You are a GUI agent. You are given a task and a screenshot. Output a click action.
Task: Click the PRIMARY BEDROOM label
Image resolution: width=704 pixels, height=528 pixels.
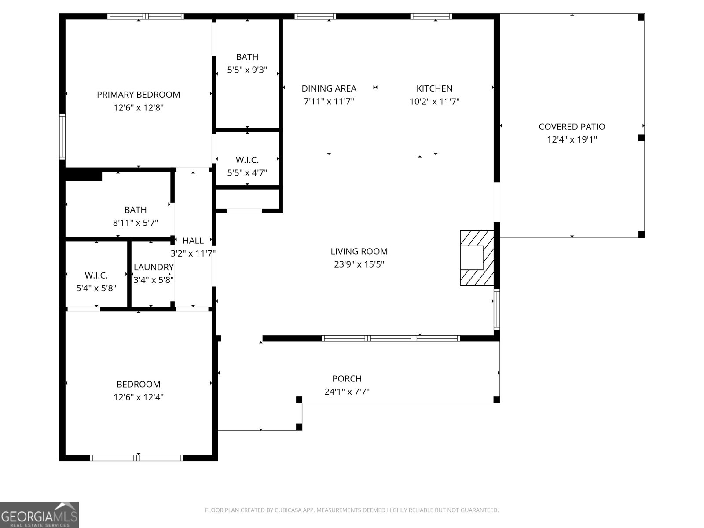(138, 95)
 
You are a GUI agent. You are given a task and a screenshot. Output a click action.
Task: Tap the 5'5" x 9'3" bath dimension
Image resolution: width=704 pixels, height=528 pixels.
(247, 70)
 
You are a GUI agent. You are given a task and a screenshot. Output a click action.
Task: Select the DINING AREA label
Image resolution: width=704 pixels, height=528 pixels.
(329, 88)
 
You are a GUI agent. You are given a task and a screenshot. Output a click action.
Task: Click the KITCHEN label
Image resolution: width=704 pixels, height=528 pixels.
(434, 88)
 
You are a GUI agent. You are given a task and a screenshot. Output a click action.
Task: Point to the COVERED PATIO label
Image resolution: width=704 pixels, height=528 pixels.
(572, 127)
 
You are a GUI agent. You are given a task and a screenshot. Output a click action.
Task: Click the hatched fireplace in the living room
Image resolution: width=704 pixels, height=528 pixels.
(477, 257)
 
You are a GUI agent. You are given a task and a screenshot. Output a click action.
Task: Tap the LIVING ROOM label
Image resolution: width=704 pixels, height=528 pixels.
(359, 251)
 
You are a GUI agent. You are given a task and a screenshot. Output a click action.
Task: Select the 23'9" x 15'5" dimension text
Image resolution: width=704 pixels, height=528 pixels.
(359, 264)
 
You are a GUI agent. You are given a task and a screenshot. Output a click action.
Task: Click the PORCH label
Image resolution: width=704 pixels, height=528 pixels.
(347, 378)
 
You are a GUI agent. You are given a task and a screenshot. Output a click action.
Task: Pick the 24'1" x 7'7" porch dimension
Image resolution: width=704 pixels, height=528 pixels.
(347, 392)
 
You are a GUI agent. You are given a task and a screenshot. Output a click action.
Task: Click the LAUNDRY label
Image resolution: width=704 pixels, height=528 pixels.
(154, 267)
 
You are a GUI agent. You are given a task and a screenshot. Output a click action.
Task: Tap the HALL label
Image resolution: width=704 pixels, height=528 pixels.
(193, 241)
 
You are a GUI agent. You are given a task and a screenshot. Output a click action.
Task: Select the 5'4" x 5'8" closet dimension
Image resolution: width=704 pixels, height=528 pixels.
(96, 289)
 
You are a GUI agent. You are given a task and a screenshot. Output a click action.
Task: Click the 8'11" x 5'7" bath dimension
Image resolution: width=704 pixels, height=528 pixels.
(135, 223)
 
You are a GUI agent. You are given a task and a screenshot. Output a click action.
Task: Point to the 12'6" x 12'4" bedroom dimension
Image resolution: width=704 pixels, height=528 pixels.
(138, 397)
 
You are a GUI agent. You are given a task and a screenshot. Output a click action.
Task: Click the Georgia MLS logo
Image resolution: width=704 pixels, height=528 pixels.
(39, 515)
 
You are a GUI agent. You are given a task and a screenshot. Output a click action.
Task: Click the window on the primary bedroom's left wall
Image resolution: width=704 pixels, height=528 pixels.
(62, 136)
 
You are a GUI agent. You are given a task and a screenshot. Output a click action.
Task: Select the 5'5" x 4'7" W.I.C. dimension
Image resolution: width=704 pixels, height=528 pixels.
(247, 173)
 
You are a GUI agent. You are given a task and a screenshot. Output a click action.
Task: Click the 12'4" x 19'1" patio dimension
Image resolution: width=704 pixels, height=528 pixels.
(572, 140)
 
